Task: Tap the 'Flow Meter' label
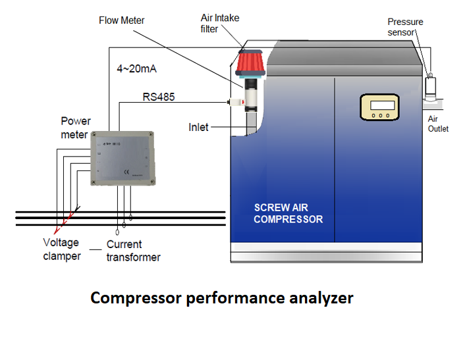[122, 20]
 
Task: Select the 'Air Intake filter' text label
[220, 24]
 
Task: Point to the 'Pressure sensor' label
[405, 27]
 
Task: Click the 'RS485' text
[159, 97]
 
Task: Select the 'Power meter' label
[75, 128]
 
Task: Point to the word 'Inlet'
[198, 127]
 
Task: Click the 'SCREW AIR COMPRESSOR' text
[288, 213]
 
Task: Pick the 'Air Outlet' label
[438, 124]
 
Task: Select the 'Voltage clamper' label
[62, 249]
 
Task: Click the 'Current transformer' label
[133, 251]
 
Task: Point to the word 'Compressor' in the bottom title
[135, 298]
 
